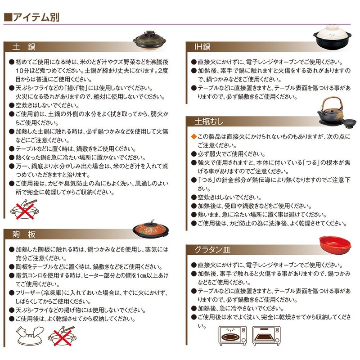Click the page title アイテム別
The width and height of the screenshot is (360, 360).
[x=36, y=18]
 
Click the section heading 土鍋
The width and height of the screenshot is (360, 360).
[x=24, y=47]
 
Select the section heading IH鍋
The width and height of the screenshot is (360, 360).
[x=202, y=47]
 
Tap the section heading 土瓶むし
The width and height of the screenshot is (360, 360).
[x=209, y=121]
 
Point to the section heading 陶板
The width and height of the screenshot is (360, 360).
[x=24, y=234]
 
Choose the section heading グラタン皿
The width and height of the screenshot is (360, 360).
[x=212, y=250]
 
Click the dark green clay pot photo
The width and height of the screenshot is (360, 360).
[x=149, y=40]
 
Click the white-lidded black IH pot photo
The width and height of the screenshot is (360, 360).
[x=332, y=36]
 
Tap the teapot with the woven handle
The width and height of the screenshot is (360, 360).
[x=330, y=111]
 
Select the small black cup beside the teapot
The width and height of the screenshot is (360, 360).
[x=349, y=123]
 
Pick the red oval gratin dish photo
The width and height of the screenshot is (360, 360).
[x=335, y=245]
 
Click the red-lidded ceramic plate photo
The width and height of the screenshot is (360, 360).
[x=151, y=230]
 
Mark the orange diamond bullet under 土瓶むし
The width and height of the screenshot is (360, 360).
[x=193, y=137]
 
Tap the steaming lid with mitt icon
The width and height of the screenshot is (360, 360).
[x=30, y=336]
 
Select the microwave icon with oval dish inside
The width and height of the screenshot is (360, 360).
[x=233, y=336]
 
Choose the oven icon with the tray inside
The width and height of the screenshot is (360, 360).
[x=266, y=336]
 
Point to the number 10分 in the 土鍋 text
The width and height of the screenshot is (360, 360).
[x=23, y=71]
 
